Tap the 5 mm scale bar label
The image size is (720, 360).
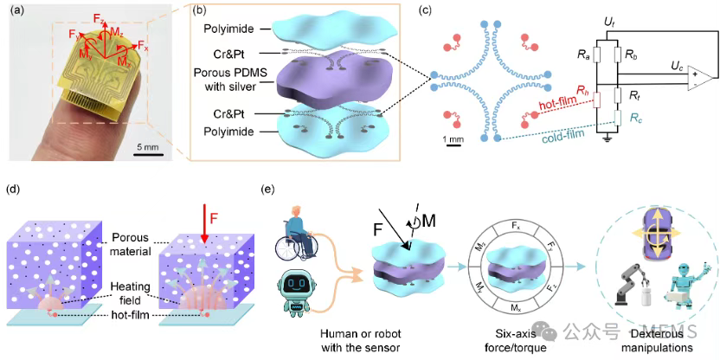(x=150, y=147)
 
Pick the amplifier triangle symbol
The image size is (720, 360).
(x=697, y=78)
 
